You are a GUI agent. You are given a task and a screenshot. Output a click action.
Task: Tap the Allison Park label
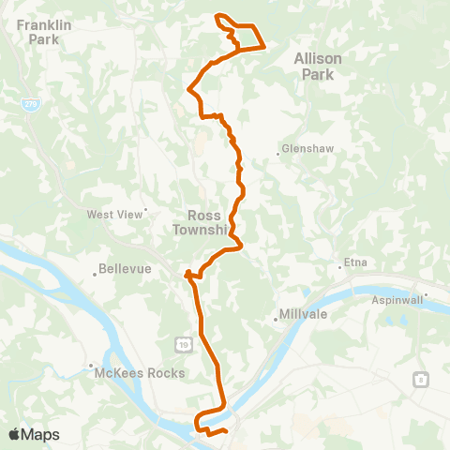[x=318, y=65]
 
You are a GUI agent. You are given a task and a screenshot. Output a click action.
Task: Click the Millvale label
[x=304, y=315]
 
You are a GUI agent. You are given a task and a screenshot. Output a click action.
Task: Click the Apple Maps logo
[x=34, y=434]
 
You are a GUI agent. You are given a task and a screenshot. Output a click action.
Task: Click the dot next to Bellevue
[x=96, y=274]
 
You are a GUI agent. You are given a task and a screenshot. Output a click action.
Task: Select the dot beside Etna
[x=339, y=268]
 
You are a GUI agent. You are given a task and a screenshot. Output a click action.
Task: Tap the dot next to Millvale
[x=276, y=320]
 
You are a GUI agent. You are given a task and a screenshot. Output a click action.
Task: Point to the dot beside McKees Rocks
[x=90, y=366]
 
